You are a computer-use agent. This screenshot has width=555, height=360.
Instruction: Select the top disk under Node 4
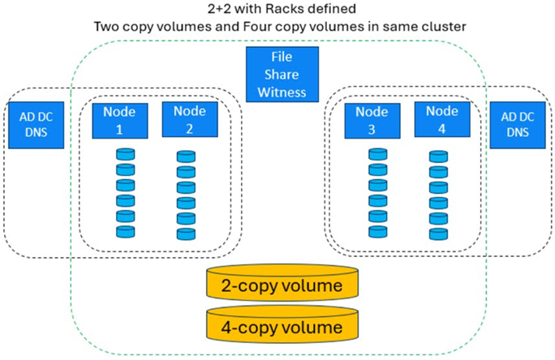(437, 154)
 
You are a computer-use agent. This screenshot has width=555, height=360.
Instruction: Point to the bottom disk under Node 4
(437, 231)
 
